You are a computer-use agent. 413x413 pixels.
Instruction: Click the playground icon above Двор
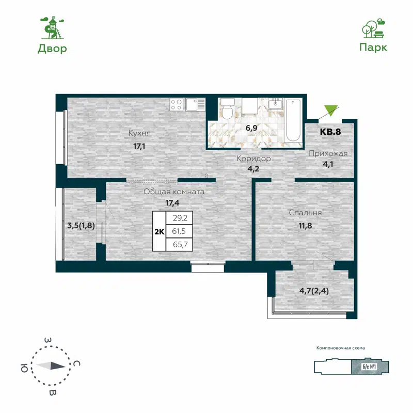coord(52,28)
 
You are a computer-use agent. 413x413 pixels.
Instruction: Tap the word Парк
coord(373,47)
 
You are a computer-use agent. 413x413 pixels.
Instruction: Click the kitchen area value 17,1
coord(139,146)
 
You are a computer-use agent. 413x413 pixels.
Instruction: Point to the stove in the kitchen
coord(176,105)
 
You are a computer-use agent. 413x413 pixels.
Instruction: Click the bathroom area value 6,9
coord(251,128)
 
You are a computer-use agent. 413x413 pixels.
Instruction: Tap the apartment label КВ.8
coord(330,131)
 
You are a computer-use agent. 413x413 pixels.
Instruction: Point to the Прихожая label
coord(328,153)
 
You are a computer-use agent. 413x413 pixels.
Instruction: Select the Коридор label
coord(253,158)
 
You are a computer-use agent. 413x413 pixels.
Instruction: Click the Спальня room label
coord(306,212)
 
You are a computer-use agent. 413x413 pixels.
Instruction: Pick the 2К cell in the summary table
coord(159,232)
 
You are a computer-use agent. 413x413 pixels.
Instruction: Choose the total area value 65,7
coord(179,245)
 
